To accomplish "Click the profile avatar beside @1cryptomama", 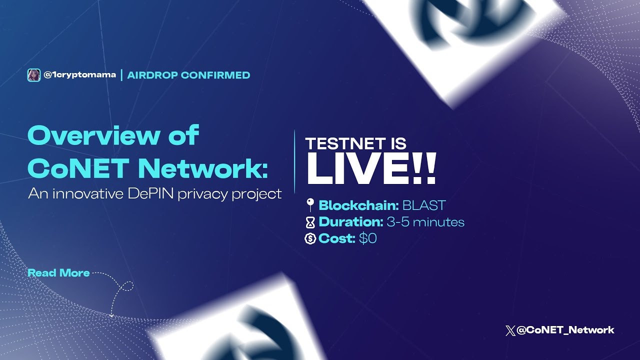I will [x=33, y=75].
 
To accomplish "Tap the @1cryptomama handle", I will [x=80, y=75].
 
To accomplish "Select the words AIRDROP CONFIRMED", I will [x=188, y=75].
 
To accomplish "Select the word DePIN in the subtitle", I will [x=150, y=194].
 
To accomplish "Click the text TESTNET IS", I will [x=355, y=144].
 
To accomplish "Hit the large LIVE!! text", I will [x=371, y=170].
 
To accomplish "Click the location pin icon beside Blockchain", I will [x=310, y=204].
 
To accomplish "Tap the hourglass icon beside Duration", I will [x=310, y=222].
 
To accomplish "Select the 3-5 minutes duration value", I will [x=425, y=222].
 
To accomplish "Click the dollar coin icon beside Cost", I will [x=310, y=239].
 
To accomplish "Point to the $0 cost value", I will [x=367, y=239].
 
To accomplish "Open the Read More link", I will [x=58, y=273].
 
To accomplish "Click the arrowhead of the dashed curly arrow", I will [x=111, y=315].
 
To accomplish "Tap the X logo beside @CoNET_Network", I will [x=510, y=330].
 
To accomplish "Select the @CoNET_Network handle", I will [x=565, y=330].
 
